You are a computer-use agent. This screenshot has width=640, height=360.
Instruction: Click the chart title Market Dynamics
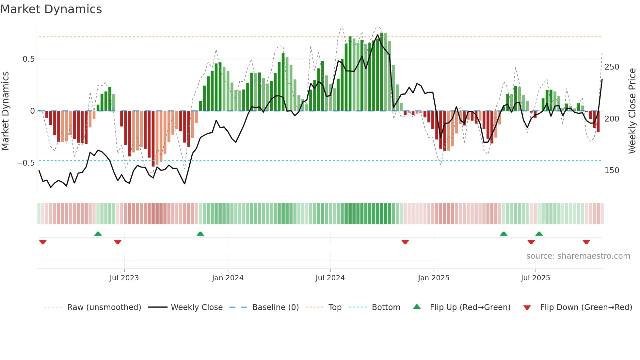(51, 9)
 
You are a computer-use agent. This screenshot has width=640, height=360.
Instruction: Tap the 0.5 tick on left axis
(28, 59)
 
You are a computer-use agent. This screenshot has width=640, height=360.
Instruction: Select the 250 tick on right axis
(612, 67)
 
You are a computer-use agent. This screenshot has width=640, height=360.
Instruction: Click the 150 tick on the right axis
(612, 171)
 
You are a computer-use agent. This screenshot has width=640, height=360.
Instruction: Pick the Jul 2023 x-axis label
(124, 278)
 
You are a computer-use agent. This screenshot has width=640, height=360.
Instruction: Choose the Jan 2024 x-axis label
(228, 278)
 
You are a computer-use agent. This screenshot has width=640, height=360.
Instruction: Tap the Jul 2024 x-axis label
(330, 278)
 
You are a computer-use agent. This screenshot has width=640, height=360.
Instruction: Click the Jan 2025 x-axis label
(434, 278)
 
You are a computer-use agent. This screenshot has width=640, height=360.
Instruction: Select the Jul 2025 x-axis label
(536, 278)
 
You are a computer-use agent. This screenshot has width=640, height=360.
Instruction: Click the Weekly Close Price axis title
(632, 111)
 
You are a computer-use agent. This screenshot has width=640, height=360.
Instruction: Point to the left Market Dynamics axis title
(5, 111)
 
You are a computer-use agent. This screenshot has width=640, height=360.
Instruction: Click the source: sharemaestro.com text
(578, 256)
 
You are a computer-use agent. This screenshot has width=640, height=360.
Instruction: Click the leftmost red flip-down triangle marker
(43, 242)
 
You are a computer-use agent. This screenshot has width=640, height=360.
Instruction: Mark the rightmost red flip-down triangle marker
(586, 242)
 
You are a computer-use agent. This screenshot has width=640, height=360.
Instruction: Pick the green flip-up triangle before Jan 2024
(200, 234)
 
